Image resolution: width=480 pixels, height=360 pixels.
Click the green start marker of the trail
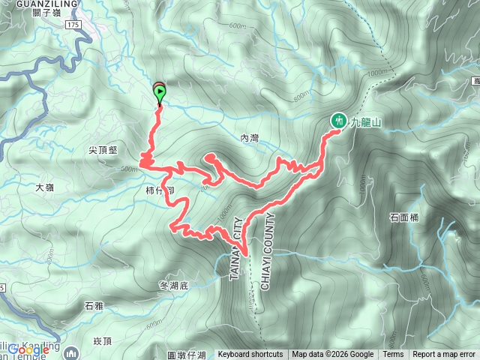coord(160,94)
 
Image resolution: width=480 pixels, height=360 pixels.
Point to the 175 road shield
coord(72,25)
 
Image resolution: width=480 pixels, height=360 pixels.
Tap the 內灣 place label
coord(249,138)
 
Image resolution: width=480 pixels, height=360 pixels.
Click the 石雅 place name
coord(94,306)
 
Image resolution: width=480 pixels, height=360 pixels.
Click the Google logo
coord(28,349)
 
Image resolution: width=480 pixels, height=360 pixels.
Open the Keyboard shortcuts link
coord(250,355)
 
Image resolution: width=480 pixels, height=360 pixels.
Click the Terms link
coord(393,355)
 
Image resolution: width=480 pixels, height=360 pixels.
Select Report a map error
coord(445,355)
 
